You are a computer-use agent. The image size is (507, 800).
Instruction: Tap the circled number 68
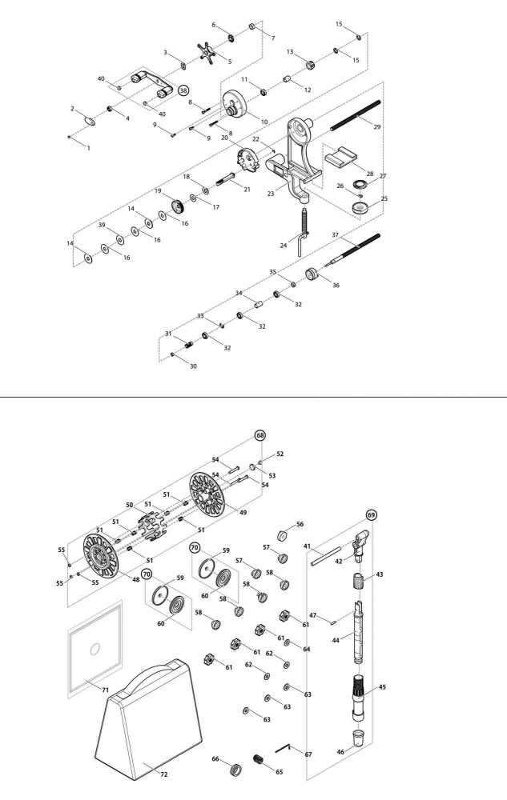coord(260,435)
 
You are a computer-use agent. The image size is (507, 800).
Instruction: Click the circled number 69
coord(371,514)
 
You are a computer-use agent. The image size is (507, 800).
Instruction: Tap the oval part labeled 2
coord(91,122)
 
